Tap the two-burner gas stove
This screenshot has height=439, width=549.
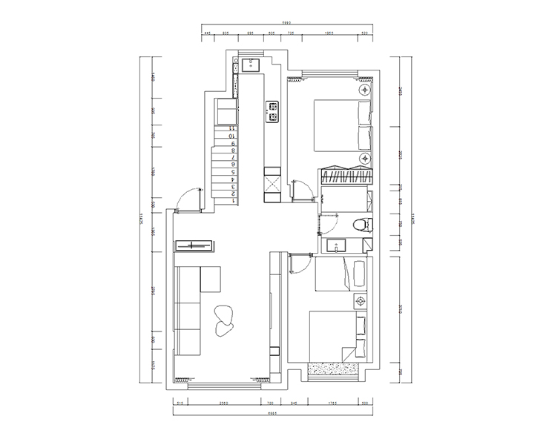point(273,110)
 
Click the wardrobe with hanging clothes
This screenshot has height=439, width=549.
point(347,176)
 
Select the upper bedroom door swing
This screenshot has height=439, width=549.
point(301,190)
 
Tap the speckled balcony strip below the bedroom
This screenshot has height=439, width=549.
point(332,369)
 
